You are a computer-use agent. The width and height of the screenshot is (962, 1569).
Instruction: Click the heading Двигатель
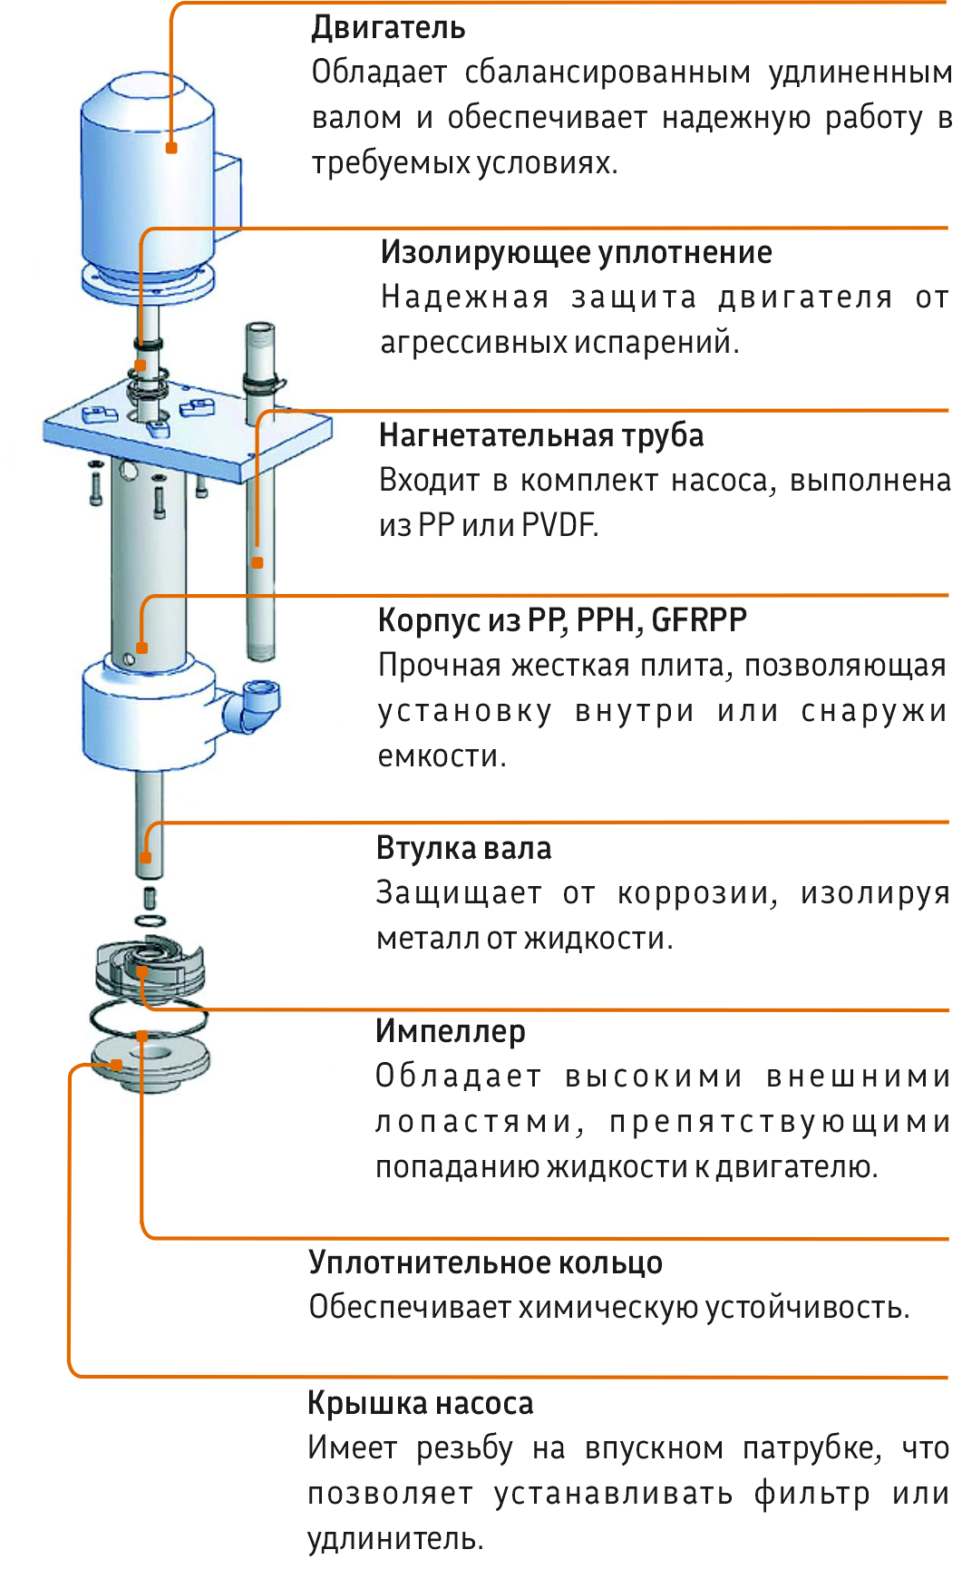pos(388,28)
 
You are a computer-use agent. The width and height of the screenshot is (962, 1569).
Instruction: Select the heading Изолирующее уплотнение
pos(576,252)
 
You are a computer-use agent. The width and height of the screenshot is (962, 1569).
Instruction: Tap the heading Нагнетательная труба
pos(541,435)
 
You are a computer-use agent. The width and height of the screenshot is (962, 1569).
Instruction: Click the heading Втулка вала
pos(463,848)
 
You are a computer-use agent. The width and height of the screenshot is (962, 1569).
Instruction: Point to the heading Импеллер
pos(450,1031)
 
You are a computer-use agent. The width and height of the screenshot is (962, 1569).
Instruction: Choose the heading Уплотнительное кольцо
pos(485,1262)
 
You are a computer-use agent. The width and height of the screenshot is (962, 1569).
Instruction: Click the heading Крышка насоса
pos(420,1403)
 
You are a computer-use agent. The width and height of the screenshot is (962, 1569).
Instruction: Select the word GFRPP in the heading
pos(699,620)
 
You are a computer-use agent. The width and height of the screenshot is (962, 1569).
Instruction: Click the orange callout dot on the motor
pos(171,148)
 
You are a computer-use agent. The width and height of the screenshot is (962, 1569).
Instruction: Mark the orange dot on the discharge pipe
pos(258,563)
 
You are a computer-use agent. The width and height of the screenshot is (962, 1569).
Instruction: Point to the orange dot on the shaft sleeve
pos(146,856)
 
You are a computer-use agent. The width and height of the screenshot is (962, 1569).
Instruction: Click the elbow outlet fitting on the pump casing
pos(250,703)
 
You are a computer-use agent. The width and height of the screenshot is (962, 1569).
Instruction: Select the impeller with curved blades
pos(151,970)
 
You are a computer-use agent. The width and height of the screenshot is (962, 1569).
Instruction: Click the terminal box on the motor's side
pos(228,190)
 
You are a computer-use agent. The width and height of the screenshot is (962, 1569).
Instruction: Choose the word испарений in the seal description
pos(654,343)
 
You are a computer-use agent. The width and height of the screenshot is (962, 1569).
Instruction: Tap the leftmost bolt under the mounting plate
pos(96,482)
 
